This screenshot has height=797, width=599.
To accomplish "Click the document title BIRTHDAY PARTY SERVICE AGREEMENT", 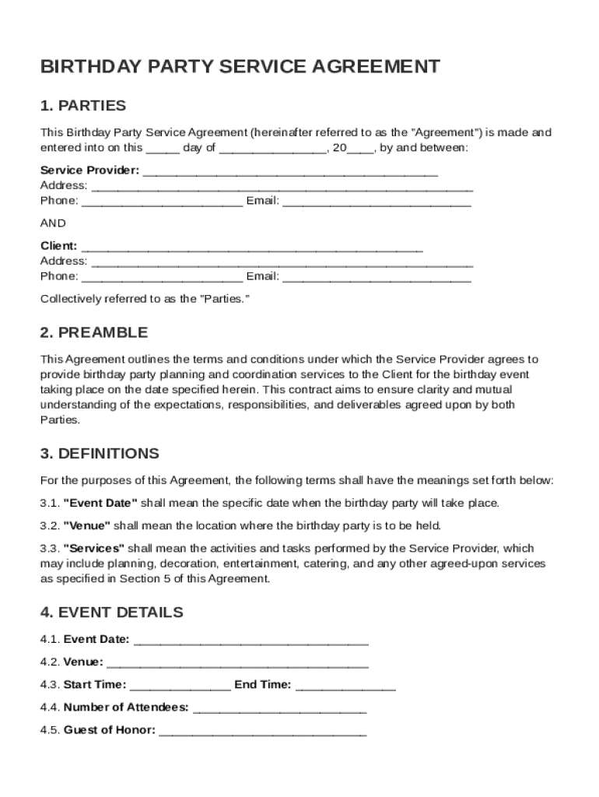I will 240,67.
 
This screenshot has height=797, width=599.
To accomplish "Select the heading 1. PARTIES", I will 82,106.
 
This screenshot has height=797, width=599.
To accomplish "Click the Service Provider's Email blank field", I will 377,202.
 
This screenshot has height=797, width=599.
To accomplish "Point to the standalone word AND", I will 53,223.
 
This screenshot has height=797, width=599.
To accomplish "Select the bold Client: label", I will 58,246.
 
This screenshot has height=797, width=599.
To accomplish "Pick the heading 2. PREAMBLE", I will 93,333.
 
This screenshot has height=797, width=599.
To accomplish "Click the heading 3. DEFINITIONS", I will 100,454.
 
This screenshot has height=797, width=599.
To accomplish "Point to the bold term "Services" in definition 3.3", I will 93,548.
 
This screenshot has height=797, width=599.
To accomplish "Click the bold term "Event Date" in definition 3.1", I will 100,503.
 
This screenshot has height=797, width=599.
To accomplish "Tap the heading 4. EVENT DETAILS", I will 111,613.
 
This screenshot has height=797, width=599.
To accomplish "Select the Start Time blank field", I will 180,686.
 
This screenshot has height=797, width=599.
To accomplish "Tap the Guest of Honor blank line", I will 262,732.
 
